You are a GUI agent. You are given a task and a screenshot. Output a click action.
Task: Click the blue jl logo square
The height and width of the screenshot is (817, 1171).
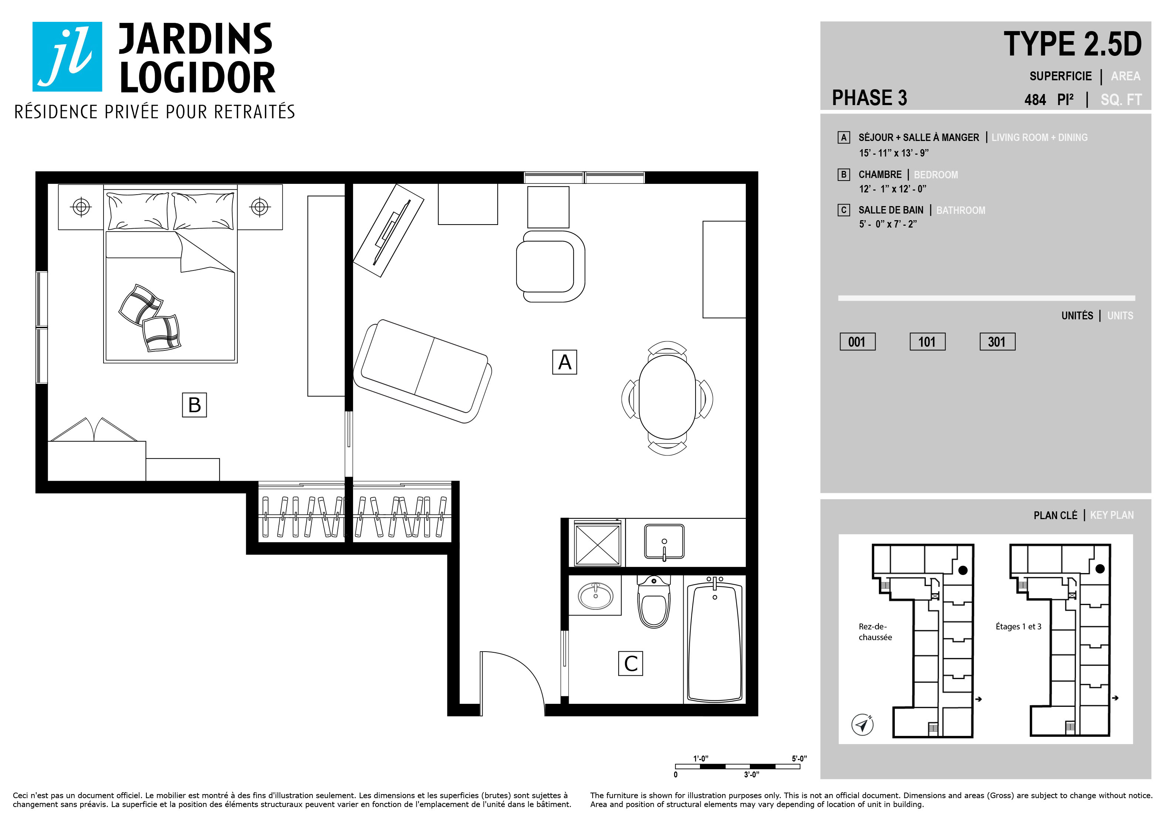[67, 57]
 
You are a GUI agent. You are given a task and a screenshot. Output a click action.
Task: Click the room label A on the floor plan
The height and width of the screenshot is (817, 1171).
[564, 362]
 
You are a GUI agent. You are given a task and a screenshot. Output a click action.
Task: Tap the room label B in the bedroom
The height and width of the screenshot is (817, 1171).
[194, 405]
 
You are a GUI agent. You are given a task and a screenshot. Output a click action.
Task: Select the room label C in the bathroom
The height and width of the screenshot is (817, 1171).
[630, 663]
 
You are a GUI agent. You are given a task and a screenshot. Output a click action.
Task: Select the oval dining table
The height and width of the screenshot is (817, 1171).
[667, 397]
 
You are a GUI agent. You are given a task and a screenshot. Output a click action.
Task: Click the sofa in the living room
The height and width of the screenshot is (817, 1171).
[423, 371]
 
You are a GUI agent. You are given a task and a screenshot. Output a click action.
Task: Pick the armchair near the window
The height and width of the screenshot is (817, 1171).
[550, 266]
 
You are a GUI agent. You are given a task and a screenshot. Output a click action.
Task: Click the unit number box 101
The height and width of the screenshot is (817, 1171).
[927, 342]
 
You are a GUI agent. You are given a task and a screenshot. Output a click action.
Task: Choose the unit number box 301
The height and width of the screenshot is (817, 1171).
[997, 342]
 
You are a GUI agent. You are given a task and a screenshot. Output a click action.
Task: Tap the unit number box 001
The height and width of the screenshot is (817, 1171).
[857, 342]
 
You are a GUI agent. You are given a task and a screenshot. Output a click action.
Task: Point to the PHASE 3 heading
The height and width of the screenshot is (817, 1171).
[870, 97]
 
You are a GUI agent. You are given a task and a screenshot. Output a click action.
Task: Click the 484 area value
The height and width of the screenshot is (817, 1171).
[1035, 100]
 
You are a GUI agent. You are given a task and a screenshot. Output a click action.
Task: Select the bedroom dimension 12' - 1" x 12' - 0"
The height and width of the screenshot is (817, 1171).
[893, 189]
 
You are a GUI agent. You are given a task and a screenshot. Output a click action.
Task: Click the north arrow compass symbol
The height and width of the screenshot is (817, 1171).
[862, 724]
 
